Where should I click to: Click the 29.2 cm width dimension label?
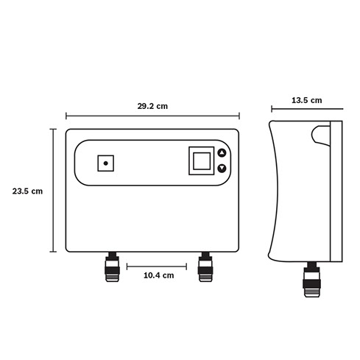(152, 106)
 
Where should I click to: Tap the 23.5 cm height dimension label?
(27, 191)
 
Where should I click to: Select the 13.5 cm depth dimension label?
(307, 100)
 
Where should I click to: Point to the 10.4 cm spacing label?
(159, 275)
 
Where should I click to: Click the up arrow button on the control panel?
(222, 152)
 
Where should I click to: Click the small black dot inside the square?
(106, 163)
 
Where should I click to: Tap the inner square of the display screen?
(202, 161)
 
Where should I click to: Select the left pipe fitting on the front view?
(112, 267)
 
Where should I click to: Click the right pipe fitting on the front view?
(205, 267)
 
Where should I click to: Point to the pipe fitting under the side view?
(312, 280)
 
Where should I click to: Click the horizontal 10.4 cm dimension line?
(157, 267)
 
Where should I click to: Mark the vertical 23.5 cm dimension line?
(53, 190)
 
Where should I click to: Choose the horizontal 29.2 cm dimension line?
(152, 116)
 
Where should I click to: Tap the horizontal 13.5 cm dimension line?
(307, 109)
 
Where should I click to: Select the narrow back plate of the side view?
(336, 191)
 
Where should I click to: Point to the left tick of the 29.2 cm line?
(66, 116)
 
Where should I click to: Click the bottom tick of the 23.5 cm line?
(53, 252)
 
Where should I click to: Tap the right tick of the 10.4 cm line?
(186, 267)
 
